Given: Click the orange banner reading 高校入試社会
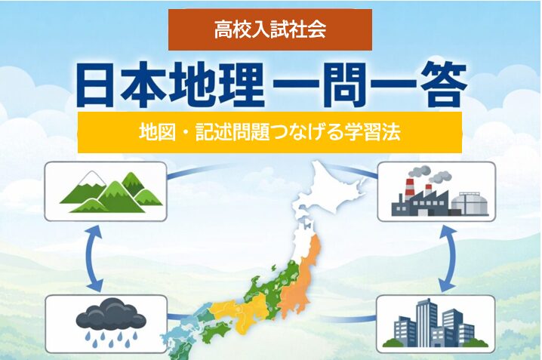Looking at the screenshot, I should (269, 30).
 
